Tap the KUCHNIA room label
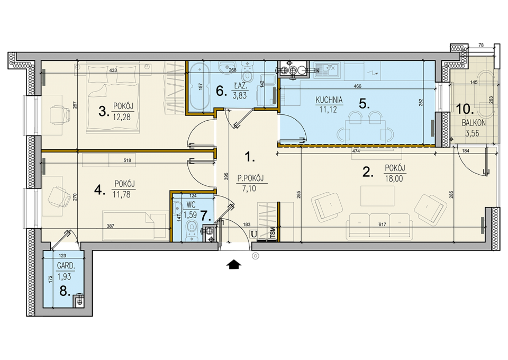coord(329,100)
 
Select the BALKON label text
coord(473,123)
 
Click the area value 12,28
coord(122,117)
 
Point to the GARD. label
coord(66,266)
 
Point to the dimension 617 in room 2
coord(383,224)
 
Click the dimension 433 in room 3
coord(113,70)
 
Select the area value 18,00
coord(394,178)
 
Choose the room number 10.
coord(465,109)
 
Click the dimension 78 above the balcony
coord(481,45)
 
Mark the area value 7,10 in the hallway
coord(249,188)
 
